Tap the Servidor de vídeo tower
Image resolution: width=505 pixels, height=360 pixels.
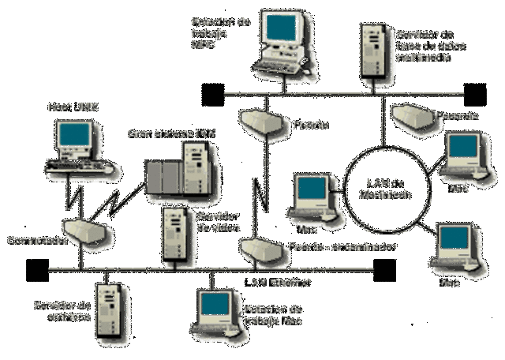point(175,234)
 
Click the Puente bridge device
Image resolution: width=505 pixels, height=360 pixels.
point(260,121)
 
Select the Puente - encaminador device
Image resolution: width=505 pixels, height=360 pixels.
point(260,249)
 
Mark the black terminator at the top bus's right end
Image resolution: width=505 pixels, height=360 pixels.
point(475,94)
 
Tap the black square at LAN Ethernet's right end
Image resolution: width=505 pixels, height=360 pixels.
point(384,271)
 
